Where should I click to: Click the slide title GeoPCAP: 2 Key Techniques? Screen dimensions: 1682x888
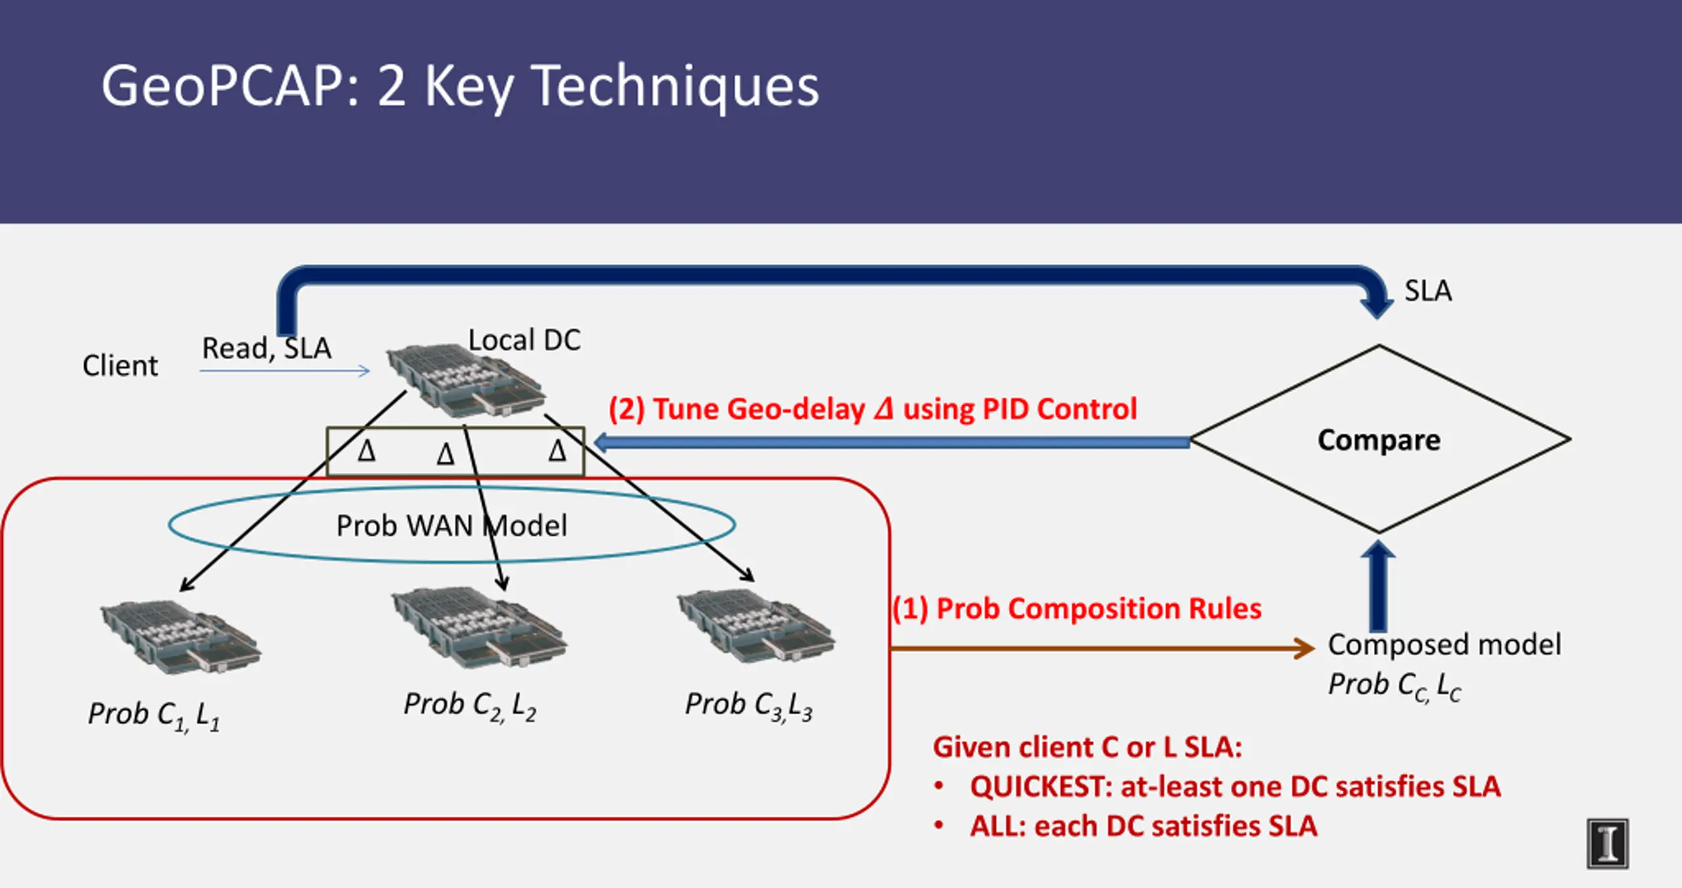point(460,87)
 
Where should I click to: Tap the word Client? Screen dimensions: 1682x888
point(120,365)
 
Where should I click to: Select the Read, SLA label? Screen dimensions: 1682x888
point(267,348)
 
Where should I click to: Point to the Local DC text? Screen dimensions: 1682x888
point(524,340)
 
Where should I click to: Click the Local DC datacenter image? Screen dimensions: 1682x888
point(466,381)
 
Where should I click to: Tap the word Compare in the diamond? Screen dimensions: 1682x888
point(1379,440)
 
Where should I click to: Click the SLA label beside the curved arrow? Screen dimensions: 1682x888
point(1428,291)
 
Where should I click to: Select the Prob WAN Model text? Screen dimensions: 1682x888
point(452,526)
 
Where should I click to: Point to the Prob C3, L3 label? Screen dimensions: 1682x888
point(749,706)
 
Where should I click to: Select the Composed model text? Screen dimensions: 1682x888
point(1444,645)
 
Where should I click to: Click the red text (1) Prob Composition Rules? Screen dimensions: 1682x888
point(1077,609)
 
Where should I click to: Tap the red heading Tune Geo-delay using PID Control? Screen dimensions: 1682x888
point(873,409)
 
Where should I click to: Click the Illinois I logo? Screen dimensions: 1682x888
point(1608,844)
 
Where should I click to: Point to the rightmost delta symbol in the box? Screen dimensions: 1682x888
point(557,451)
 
